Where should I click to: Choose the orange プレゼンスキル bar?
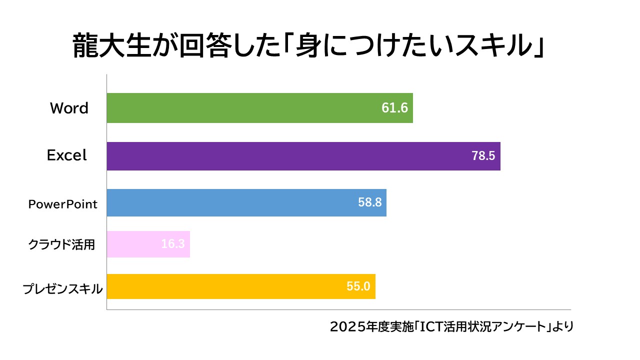tap(225, 286)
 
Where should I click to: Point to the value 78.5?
tap(483, 156)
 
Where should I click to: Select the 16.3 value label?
tap(173, 244)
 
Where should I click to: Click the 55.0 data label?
tap(358, 286)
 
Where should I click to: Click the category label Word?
tap(69, 108)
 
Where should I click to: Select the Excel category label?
tap(67, 155)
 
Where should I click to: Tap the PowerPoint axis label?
tap(62, 204)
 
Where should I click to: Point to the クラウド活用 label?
tap(61, 244)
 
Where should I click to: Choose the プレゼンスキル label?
tap(63, 289)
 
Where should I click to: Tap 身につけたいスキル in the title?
tap(405, 46)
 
